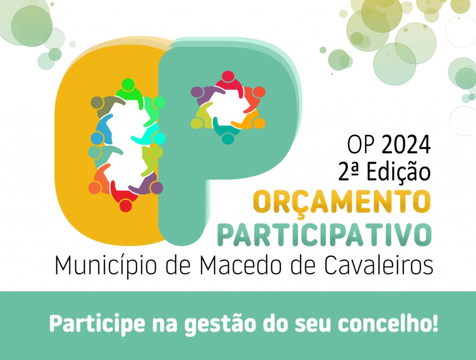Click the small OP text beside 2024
(x=361, y=145)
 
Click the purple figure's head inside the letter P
(x=197, y=92)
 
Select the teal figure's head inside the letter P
(x=228, y=138)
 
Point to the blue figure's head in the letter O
(x=96, y=138)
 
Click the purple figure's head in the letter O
(x=157, y=187)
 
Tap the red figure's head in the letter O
(x=125, y=205)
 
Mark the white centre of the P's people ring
(x=228, y=107)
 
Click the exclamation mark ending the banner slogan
(x=435, y=323)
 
